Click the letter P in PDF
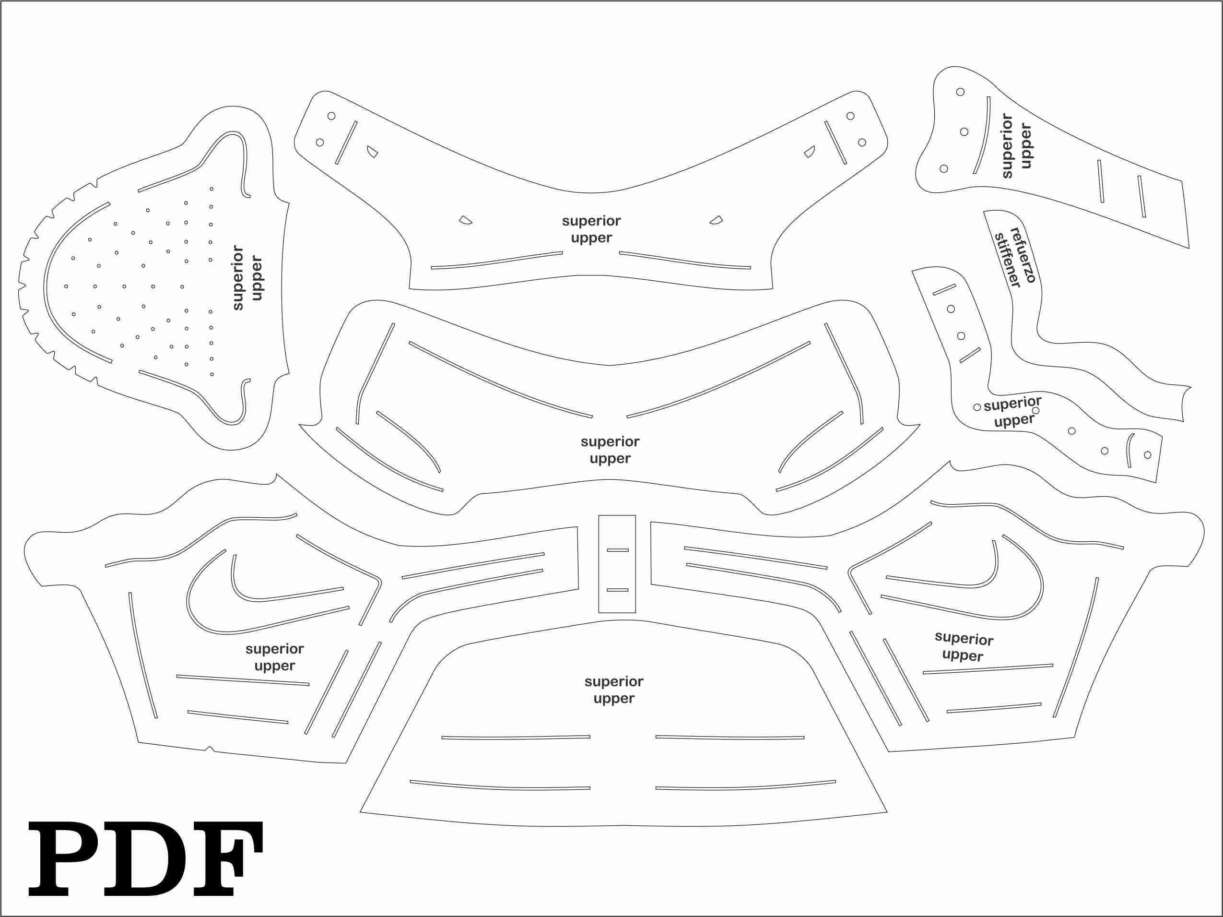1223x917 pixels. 64,859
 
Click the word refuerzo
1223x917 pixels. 1023,255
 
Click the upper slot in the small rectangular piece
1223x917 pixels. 618,550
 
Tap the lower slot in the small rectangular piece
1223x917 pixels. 618,590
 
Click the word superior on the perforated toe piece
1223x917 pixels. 238,278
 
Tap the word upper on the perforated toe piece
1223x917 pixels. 256,278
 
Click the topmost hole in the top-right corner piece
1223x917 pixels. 960,92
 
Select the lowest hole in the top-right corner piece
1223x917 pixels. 944,169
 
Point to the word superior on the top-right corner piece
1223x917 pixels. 1007,146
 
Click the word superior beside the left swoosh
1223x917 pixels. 275,649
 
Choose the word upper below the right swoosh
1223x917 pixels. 963,656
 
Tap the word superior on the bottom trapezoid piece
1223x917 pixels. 614,682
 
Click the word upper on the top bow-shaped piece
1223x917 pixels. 591,238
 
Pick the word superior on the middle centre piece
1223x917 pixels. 610,442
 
